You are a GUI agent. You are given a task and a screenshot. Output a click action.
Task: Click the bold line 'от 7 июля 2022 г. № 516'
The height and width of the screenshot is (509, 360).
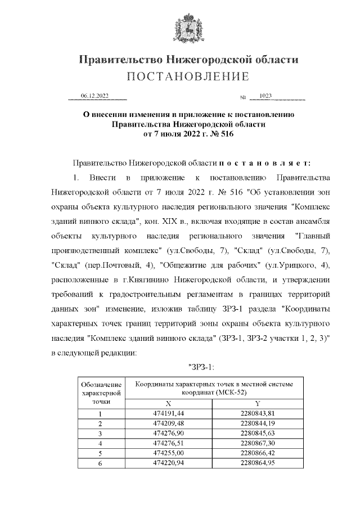tap(188, 134)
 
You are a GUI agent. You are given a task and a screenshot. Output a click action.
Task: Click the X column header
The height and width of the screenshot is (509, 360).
tap(168, 403)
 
